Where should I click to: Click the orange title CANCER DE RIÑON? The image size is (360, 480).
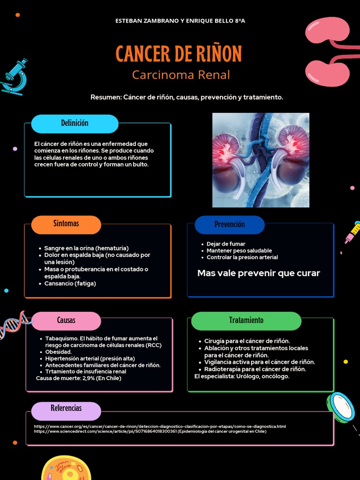pos(179,54)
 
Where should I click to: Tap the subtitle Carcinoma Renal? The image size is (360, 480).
pos(180,75)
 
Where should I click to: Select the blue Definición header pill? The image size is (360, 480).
pos(75,124)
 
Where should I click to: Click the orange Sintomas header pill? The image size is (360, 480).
pos(66,224)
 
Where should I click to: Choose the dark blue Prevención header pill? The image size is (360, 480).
pos(229,225)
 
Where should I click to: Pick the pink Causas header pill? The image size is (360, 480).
pos(66,321)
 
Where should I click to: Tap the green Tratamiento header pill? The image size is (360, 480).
pos(246,321)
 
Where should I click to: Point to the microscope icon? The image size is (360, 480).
pos(15,76)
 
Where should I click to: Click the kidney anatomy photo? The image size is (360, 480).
pos(261,160)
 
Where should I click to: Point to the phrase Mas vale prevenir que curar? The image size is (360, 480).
pos(258,273)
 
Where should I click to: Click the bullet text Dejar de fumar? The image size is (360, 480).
pos(226,244)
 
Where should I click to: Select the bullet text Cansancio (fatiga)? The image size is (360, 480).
pos(70,284)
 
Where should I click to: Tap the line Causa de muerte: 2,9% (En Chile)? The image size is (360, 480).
pos(78,378)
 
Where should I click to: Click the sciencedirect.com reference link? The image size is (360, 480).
pos(150,431)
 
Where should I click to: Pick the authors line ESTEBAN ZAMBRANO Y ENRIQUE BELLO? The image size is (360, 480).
pos(180,21)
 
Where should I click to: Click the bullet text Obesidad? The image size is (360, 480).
pos(59,352)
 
